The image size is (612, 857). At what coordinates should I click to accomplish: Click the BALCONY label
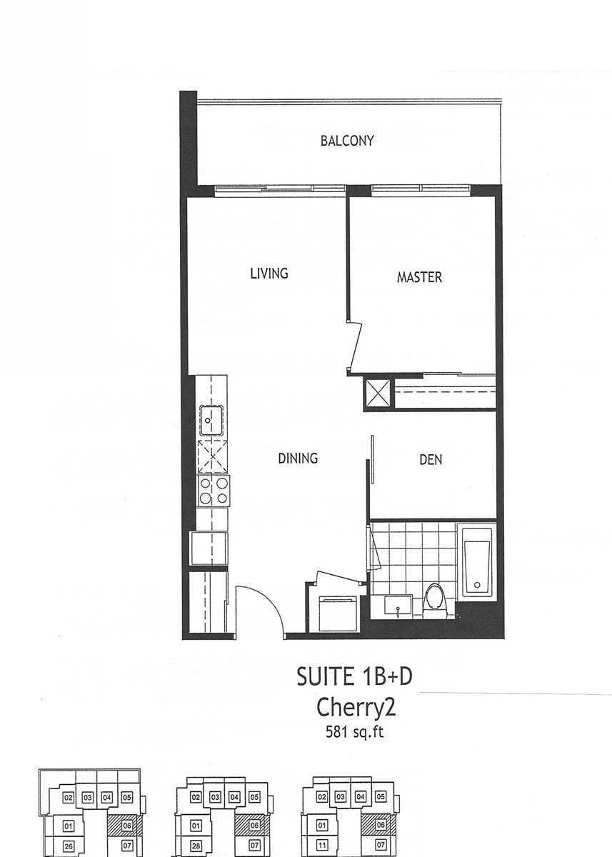pos(347,141)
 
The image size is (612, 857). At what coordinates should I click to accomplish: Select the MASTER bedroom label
pos(419,277)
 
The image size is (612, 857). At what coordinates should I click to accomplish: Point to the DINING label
pos(298,458)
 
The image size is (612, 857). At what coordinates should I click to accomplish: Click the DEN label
pos(431,459)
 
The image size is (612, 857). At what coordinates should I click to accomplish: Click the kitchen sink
pos(211,421)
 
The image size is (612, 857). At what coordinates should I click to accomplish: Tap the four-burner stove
pos(214,491)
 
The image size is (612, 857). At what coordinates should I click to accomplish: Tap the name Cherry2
pos(356,707)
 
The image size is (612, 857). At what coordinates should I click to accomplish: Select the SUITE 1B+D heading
pos(355,676)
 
